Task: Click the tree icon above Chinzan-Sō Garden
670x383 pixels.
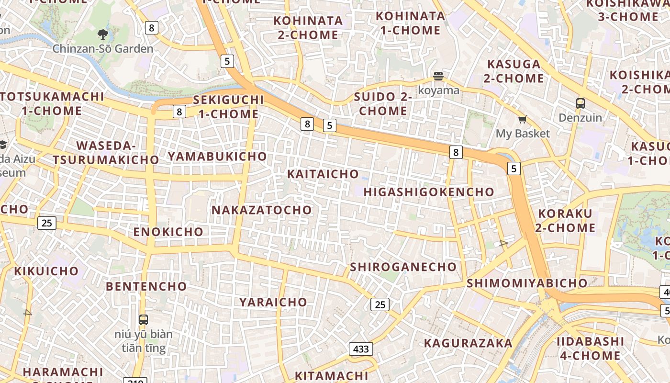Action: coord(102,34)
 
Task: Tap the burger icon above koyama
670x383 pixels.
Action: coord(438,76)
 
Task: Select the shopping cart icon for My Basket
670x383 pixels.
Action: coord(522,120)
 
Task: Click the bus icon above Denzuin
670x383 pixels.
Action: coord(580,103)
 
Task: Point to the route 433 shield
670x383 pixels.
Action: coord(361,349)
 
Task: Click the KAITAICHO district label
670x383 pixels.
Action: coord(323,174)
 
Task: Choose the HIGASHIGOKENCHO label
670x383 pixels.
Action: coord(429,192)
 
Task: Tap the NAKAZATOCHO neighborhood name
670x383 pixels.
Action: coord(261,210)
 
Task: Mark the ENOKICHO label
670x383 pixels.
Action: coord(168,232)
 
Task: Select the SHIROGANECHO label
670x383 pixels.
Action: coord(403,267)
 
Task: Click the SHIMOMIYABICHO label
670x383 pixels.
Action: coord(527,283)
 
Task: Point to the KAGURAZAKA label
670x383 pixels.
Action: coord(468,343)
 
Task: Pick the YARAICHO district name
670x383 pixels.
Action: coord(273,302)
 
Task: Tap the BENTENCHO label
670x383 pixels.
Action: coord(146,286)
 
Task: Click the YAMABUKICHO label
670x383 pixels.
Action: coord(217,157)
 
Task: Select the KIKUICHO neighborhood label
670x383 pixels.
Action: coord(46,271)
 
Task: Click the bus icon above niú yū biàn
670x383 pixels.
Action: coord(143,320)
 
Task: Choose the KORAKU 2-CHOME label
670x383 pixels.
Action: coord(565,221)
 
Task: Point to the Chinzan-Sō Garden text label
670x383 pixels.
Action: coord(103,48)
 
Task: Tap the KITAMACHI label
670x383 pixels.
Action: coord(331,376)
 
